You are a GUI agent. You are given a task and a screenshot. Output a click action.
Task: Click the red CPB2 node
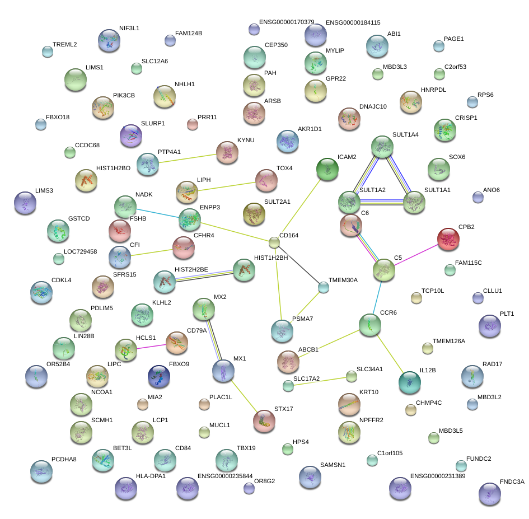448,239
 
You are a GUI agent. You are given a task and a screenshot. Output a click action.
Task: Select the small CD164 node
274,242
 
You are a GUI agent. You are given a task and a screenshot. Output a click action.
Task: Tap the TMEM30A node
324,288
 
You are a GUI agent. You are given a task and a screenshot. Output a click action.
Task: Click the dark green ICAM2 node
327,169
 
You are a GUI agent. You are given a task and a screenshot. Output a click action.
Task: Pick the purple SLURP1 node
131,135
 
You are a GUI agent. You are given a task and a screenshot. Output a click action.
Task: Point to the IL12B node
409,382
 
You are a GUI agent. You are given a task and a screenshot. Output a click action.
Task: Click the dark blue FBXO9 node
158,377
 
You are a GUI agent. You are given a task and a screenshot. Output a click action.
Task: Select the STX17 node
264,421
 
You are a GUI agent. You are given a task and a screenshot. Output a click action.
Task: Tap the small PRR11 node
193,124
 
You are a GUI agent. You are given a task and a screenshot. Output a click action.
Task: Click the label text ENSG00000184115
353,22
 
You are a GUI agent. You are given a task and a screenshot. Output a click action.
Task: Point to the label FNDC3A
512,482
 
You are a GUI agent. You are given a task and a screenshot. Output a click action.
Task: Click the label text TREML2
64,44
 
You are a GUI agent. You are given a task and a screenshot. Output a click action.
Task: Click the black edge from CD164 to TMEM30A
299,265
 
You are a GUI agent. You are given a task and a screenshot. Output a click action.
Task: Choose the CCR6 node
369,325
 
